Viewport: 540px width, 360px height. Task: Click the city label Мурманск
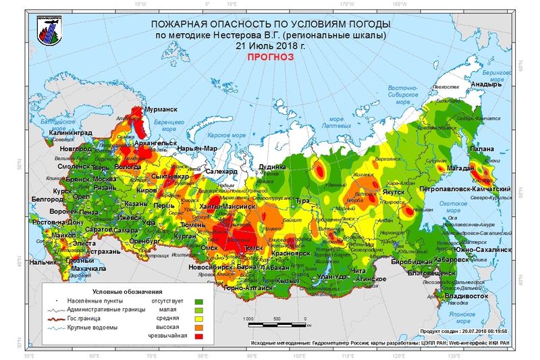point(161,109)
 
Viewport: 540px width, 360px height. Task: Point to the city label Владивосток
point(466,296)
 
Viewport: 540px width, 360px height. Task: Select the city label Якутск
point(399,192)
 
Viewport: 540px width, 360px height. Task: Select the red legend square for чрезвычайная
point(199,336)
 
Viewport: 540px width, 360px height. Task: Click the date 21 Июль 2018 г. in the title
point(270,46)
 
